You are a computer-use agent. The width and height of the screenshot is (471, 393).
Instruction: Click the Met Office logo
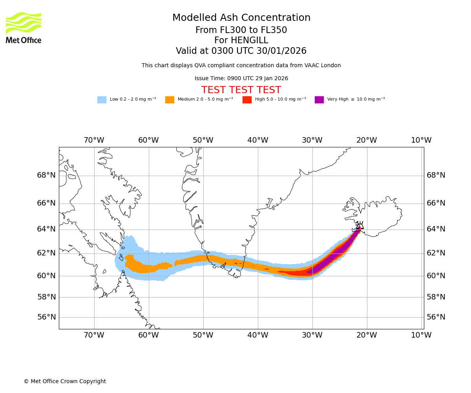pyautogui.click(x=24, y=28)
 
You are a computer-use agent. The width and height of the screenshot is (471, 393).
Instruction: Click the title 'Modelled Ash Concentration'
pyautogui.click(x=241, y=18)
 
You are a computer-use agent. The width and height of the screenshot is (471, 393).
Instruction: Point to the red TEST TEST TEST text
pyautogui.click(x=241, y=90)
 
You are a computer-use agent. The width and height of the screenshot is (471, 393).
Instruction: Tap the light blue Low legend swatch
pyautogui.click(x=102, y=100)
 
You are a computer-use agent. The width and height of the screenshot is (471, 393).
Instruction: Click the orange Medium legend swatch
pyautogui.click(x=170, y=100)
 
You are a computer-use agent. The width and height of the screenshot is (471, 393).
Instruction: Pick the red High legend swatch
pyautogui.click(x=247, y=100)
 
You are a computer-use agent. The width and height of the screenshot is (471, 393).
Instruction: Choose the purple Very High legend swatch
pyautogui.click(x=319, y=100)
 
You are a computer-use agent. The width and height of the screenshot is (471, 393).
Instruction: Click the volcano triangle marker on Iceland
pyautogui.click(x=360, y=226)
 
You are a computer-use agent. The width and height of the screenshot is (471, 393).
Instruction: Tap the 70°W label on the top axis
pyautogui.click(x=94, y=140)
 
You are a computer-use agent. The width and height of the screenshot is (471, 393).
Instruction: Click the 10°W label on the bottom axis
pyautogui.click(x=421, y=335)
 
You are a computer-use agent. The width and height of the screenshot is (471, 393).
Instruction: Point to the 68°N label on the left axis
pyautogui.click(x=46, y=175)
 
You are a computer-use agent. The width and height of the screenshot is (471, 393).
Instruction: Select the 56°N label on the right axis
pyautogui.click(x=436, y=317)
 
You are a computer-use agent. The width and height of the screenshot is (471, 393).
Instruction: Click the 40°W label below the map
pyautogui.click(x=257, y=335)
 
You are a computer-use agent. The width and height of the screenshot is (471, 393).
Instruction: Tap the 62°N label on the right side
pyautogui.click(x=436, y=253)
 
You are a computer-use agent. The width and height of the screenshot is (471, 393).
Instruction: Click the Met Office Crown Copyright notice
pyautogui.click(x=65, y=382)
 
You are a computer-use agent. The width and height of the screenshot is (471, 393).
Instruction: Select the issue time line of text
pyautogui.click(x=241, y=79)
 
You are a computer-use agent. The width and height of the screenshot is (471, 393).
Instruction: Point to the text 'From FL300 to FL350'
pyautogui.click(x=241, y=30)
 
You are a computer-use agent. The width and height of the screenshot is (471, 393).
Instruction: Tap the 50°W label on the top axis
pyautogui.click(x=203, y=140)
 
